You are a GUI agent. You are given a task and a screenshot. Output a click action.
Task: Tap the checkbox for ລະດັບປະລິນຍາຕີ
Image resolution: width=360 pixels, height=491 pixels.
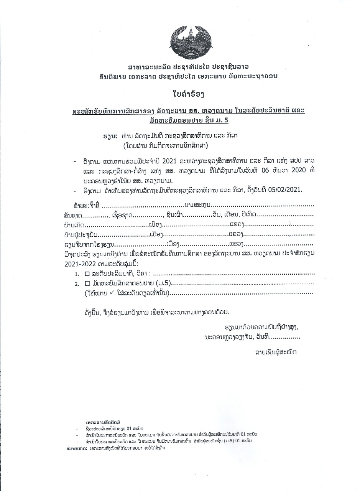[87, 274]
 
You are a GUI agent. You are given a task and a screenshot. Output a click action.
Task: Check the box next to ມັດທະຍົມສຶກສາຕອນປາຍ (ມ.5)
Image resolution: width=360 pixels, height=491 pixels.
[87, 283]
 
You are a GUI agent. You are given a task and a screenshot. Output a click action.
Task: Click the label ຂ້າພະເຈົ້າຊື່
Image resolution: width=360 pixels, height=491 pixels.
[87, 206]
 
